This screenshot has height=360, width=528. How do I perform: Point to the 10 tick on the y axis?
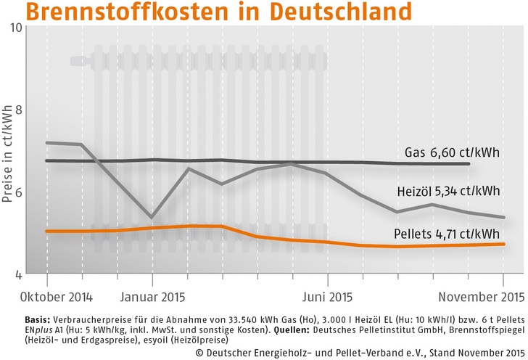click(x=16, y=27)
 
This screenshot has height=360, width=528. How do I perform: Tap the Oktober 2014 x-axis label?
click(x=46, y=296)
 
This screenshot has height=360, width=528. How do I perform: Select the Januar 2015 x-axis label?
click(x=152, y=296)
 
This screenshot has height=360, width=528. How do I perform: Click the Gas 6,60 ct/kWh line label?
click(x=453, y=152)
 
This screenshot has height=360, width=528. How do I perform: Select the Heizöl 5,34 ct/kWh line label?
click(x=448, y=192)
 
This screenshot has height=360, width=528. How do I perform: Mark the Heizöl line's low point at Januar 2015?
click(x=152, y=217)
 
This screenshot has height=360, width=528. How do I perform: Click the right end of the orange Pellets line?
click(x=504, y=244)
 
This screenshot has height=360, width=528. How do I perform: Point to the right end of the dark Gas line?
click(x=469, y=164)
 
